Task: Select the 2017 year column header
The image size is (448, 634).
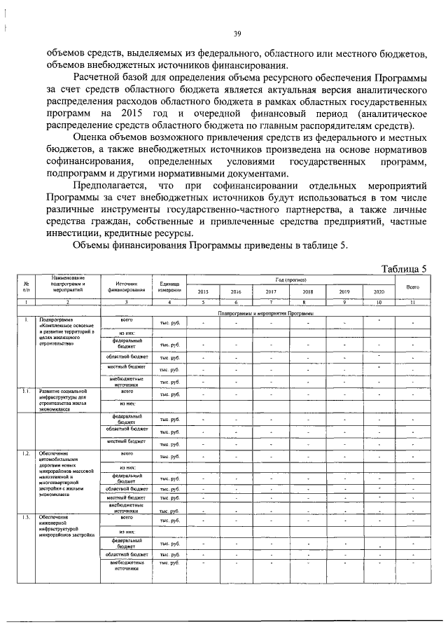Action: click(x=271, y=292)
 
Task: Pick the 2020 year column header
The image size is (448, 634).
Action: click(x=378, y=292)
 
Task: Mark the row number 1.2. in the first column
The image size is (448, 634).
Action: click(x=26, y=453)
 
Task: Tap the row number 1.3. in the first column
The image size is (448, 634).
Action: click(x=26, y=518)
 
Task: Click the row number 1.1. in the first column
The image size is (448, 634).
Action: click(x=26, y=391)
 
